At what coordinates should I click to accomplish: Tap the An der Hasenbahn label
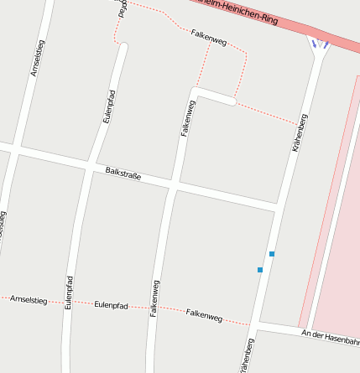331,337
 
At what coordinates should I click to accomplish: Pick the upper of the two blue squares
272,253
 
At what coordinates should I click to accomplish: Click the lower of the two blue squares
260,270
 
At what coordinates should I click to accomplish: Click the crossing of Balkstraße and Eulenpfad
91,166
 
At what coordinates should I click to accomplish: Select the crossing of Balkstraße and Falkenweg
173,184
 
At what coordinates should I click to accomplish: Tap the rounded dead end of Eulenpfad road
123,48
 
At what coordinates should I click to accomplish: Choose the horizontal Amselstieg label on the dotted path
27,298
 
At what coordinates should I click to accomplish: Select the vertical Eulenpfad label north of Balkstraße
108,106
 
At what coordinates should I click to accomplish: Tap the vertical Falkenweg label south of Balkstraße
154,298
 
